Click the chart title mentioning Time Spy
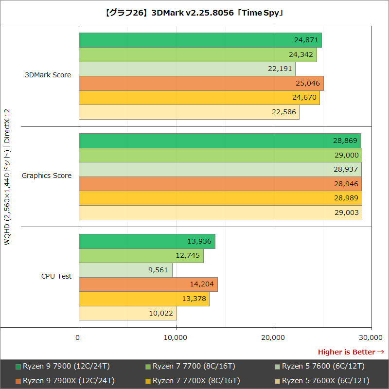pos(194,13)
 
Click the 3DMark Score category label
pos(48,75)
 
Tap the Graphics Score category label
pos(47,176)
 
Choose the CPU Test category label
pos(56,276)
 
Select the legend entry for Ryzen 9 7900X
pos(66,381)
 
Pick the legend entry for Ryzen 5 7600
pos(323,366)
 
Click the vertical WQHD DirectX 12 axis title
pos(7,177)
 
